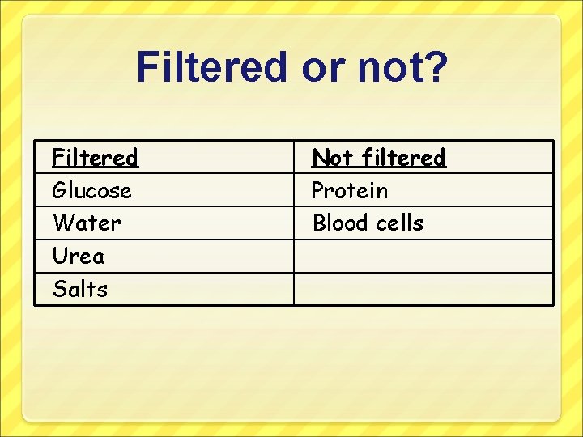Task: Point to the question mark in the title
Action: [x=434, y=67]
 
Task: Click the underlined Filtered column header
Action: [x=95, y=157]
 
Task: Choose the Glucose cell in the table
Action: [x=91, y=191]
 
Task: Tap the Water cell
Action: [x=87, y=223]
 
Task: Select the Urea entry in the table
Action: [x=79, y=257]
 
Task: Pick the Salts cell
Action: [x=80, y=289]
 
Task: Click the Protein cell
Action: [x=350, y=191]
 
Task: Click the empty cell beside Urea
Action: [x=423, y=257]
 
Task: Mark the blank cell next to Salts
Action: [x=423, y=289]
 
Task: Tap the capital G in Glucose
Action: [x=59, y=191]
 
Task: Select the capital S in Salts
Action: [x=58, y=289]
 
